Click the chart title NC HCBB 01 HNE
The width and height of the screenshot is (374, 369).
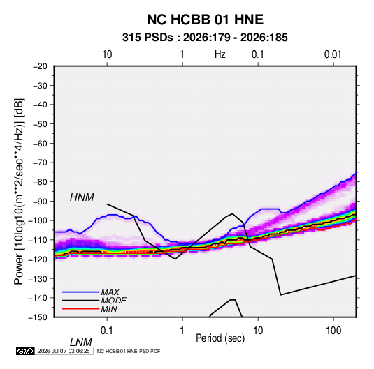pyautogui.click(x=205, y=20)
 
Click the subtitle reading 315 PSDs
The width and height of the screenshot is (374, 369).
pyautogui.click(x=148, y=38)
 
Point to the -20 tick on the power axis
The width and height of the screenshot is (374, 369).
pyautogui.click(x=40, y=66)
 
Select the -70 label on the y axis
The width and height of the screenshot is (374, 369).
pyautogui.click(x=40, y=163)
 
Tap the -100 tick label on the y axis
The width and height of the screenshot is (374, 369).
pyautogui.click(x=38, y=220)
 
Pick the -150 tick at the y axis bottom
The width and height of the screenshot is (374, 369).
pyautogui.click(x=38, y=317)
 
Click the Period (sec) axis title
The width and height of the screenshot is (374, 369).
pyautogui.click(x=220, y=338)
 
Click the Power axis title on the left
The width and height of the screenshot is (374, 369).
pyautogui.click(x=19, y=191)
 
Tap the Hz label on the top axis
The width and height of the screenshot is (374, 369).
pyautogui.click(x=220, y=54)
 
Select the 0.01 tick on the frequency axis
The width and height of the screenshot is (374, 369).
pyautogui.click(x=333, y=54)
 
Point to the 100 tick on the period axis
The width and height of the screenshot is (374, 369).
pyautogui.click(x=333, y=331)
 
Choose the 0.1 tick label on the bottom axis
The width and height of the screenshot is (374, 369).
pyautogui.click(x=107, y=331)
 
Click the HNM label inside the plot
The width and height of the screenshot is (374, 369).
pyautogui.click(x=82, y=197)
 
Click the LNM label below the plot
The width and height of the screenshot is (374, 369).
pyautogui.click(x=80, y=342)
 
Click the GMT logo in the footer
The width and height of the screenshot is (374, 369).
pyautogui.click(x=25, y=351)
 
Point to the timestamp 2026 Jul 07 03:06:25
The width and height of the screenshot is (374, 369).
pyautogui.click(x=64, y=351)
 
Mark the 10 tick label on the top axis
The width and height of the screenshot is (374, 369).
pyautogui.click(x=107, y=54)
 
